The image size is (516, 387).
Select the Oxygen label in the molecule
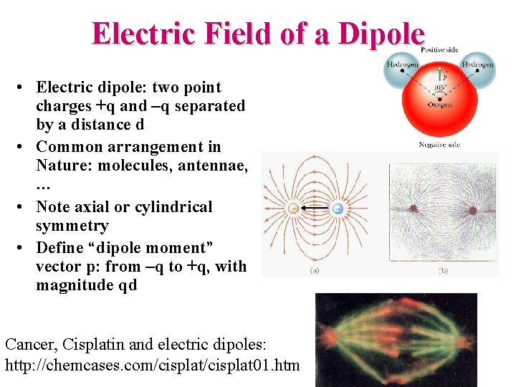439,105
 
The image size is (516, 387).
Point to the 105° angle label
439,89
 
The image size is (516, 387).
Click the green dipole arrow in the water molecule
439,75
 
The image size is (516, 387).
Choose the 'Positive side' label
439,49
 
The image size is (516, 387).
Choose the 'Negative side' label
439,145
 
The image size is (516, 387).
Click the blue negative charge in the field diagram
338,209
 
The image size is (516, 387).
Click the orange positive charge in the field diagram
292,209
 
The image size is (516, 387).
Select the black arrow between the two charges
315,209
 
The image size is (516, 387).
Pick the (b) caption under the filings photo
444,271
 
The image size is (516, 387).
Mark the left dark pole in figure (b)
414,209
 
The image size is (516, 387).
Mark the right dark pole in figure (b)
473,211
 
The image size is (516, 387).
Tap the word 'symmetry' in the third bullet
72,226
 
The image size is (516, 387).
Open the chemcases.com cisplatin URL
152,365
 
